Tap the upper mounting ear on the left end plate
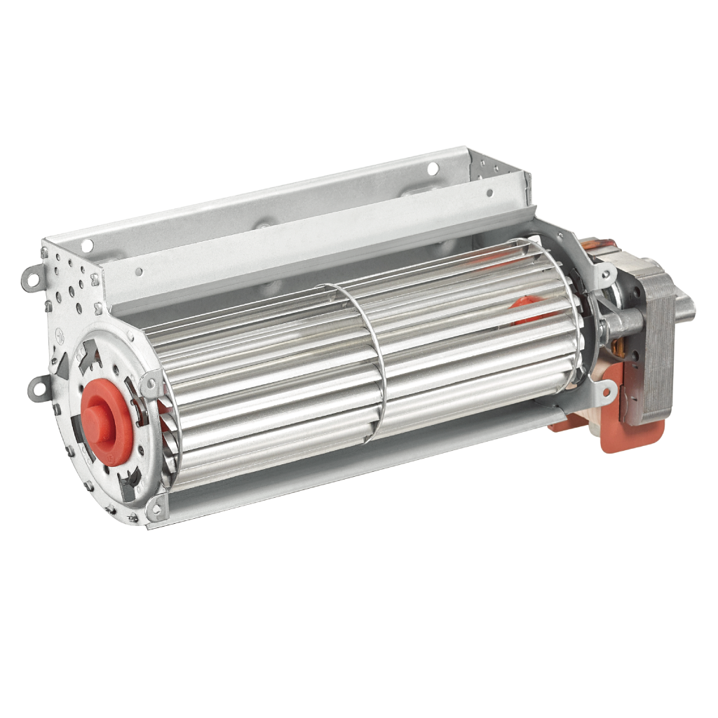point(31,278)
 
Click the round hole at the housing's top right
point(433,168)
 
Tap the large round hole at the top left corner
point(87,245)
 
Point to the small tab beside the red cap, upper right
point(149,385)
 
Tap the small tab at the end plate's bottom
point(156,508)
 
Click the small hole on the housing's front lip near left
point(139,271)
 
